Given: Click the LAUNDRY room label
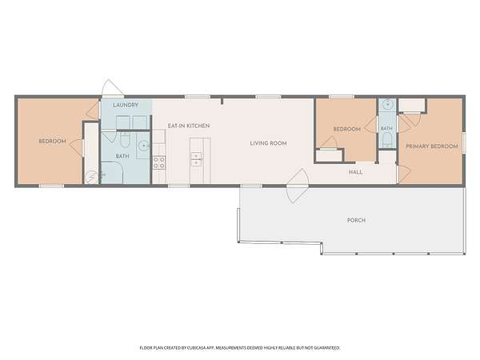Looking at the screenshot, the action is pyautogui.click(x=126, y=105).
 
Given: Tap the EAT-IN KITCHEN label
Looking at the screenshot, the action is pyautogui.click(x=189, y=126).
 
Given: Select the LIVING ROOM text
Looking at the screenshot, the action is pyautogui.click(x=268, y=143).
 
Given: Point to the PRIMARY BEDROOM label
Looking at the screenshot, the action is pyautogui.click(x=432, y=146).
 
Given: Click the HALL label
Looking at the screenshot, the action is pyautogui.click(x=355, y=172).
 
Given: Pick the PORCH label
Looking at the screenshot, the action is pyautogui.click(x=356, y=220).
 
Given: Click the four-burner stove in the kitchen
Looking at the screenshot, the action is pyautogui.click(x=159, y=162).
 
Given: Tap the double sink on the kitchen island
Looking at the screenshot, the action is pyautogui.click(x=196, y=159).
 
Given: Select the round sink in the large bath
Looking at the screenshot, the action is pyautogui.click(x=143, y=146).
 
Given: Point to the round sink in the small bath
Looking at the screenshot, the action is pyautogui.click(x=387, y=104).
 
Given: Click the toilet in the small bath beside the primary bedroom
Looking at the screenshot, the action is pyautogui.click(x=387, y=141).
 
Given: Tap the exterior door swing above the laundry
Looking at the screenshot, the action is pyautogui.click(x=112, y=87).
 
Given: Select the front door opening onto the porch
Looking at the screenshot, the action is pyautogui.click(x=298, y=186).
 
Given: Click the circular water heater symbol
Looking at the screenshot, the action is pyautogui.click(x=91, y=178).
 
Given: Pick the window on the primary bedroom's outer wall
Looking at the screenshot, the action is pyautogui.click(x=464, y=143).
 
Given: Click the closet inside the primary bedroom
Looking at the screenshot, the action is pyautogui.click(x=412, y=106).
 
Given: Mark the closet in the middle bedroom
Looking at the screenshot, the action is pyautogui.click(x=329, y=155).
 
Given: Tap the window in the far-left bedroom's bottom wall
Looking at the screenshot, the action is pyautogui.click(x=51, y=186).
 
